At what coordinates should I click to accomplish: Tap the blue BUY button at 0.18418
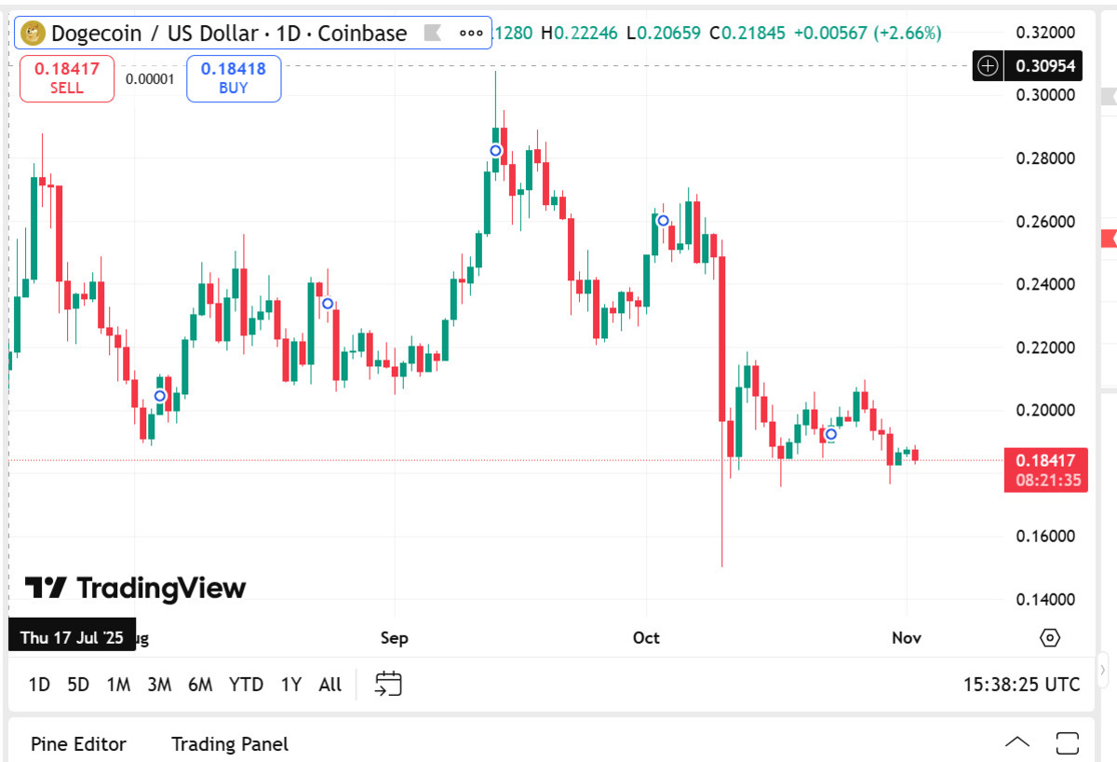[x=233, y=78]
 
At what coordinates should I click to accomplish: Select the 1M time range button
[x=118, y=685]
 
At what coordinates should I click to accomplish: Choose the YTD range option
[x=246, y=685]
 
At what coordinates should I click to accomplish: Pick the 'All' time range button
[x=330, y=685]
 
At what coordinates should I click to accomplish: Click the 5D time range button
[x=78, y=685]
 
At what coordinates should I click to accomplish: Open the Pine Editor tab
[x=78, y=744]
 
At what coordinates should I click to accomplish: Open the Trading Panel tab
[x=230, y=744]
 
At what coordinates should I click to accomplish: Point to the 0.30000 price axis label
[x=1045, y=95]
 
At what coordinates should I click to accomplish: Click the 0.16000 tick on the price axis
[x=1045, y=537]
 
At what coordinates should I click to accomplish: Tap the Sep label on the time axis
[x=394, y=638]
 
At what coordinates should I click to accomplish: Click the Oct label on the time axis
[x=645, y=638]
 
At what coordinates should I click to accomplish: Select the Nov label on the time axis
[x=906, y=638]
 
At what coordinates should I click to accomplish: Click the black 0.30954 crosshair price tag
[x=1045, y=66]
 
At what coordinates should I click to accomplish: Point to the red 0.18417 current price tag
[x=1045, y=460]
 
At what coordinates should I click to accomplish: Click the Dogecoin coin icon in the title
[x=34, y=34]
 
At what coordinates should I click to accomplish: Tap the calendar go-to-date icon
[x=388, y=684]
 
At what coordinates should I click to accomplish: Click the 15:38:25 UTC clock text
[x=1021, y=685]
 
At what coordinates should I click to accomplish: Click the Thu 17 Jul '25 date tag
[x=73, y=638]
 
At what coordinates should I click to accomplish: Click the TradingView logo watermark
[x=135, y=588]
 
